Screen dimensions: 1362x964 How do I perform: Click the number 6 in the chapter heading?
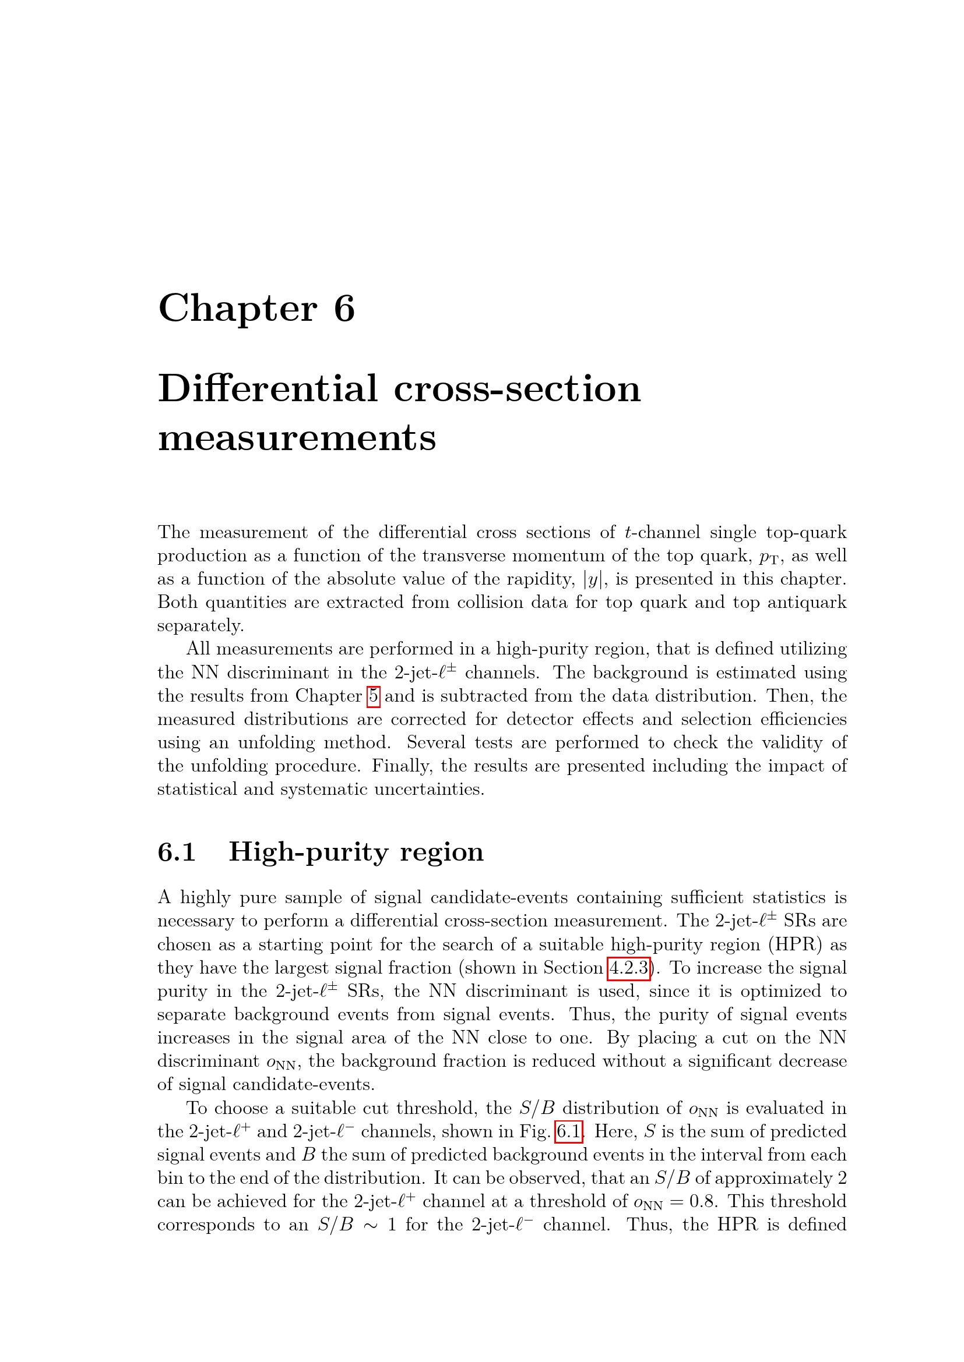[x=344, y=309]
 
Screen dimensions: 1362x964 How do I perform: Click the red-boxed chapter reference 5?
[x=374, y=696]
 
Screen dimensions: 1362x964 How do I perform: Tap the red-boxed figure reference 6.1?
[x=569, y=1132]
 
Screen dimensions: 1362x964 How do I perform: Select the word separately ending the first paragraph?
[x=200, y=626]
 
